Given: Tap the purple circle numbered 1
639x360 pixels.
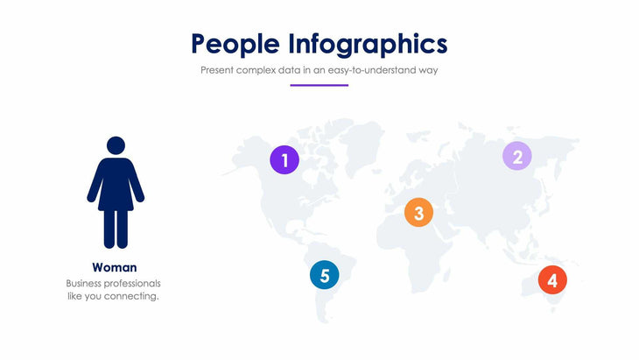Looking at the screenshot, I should coord(284,159).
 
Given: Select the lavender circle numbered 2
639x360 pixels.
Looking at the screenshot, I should coord(516,156).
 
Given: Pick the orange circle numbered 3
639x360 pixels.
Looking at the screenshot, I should coord(418,213).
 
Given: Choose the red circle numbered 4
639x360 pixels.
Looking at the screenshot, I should coord(551,280).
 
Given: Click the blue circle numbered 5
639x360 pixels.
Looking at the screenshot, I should coord(325,275).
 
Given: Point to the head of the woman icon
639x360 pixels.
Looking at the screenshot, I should coord(116,145).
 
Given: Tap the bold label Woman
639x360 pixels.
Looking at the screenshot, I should coord(115,267).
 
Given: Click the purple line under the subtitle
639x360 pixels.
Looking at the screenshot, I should coord(319,85).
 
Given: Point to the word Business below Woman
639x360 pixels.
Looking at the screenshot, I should coord(86,284).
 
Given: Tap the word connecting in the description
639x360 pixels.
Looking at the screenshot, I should coord(133,296).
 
